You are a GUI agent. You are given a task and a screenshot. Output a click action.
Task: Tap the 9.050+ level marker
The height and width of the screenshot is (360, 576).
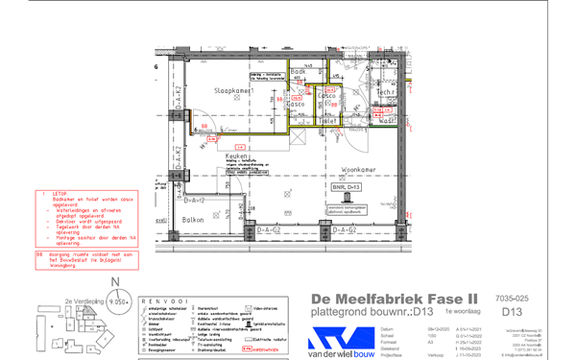click(x=117, y=301)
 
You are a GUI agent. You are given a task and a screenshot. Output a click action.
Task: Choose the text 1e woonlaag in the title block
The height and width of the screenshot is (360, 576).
click(x=463, y=313)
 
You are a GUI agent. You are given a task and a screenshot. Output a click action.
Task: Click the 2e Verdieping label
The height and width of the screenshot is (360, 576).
click(x=82, y=301)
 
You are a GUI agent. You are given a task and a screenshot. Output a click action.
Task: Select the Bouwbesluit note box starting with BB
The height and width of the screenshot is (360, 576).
click(x=88, y=257)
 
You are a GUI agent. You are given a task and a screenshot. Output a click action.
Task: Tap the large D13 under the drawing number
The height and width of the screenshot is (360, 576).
click(x=512, y=313)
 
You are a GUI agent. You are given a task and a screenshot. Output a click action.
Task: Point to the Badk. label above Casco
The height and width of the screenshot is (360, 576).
click(x=299, y=73)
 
